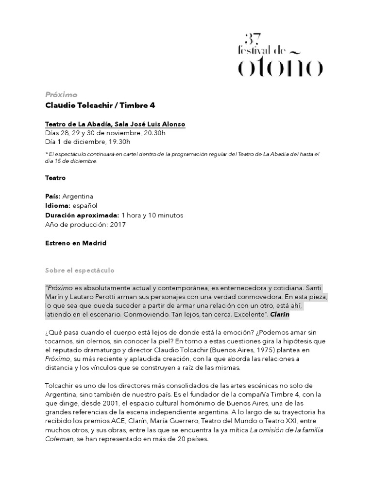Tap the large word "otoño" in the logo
pos(279,67)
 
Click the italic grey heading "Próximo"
pos(61,95)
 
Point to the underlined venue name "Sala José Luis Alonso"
pos(151,124)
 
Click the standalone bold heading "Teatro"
pos(55,178)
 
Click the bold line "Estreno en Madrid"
pos(75,243)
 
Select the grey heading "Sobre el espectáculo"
pos(80,270)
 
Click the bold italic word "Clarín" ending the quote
pos(279,315)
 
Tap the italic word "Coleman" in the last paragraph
pos(59,440)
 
